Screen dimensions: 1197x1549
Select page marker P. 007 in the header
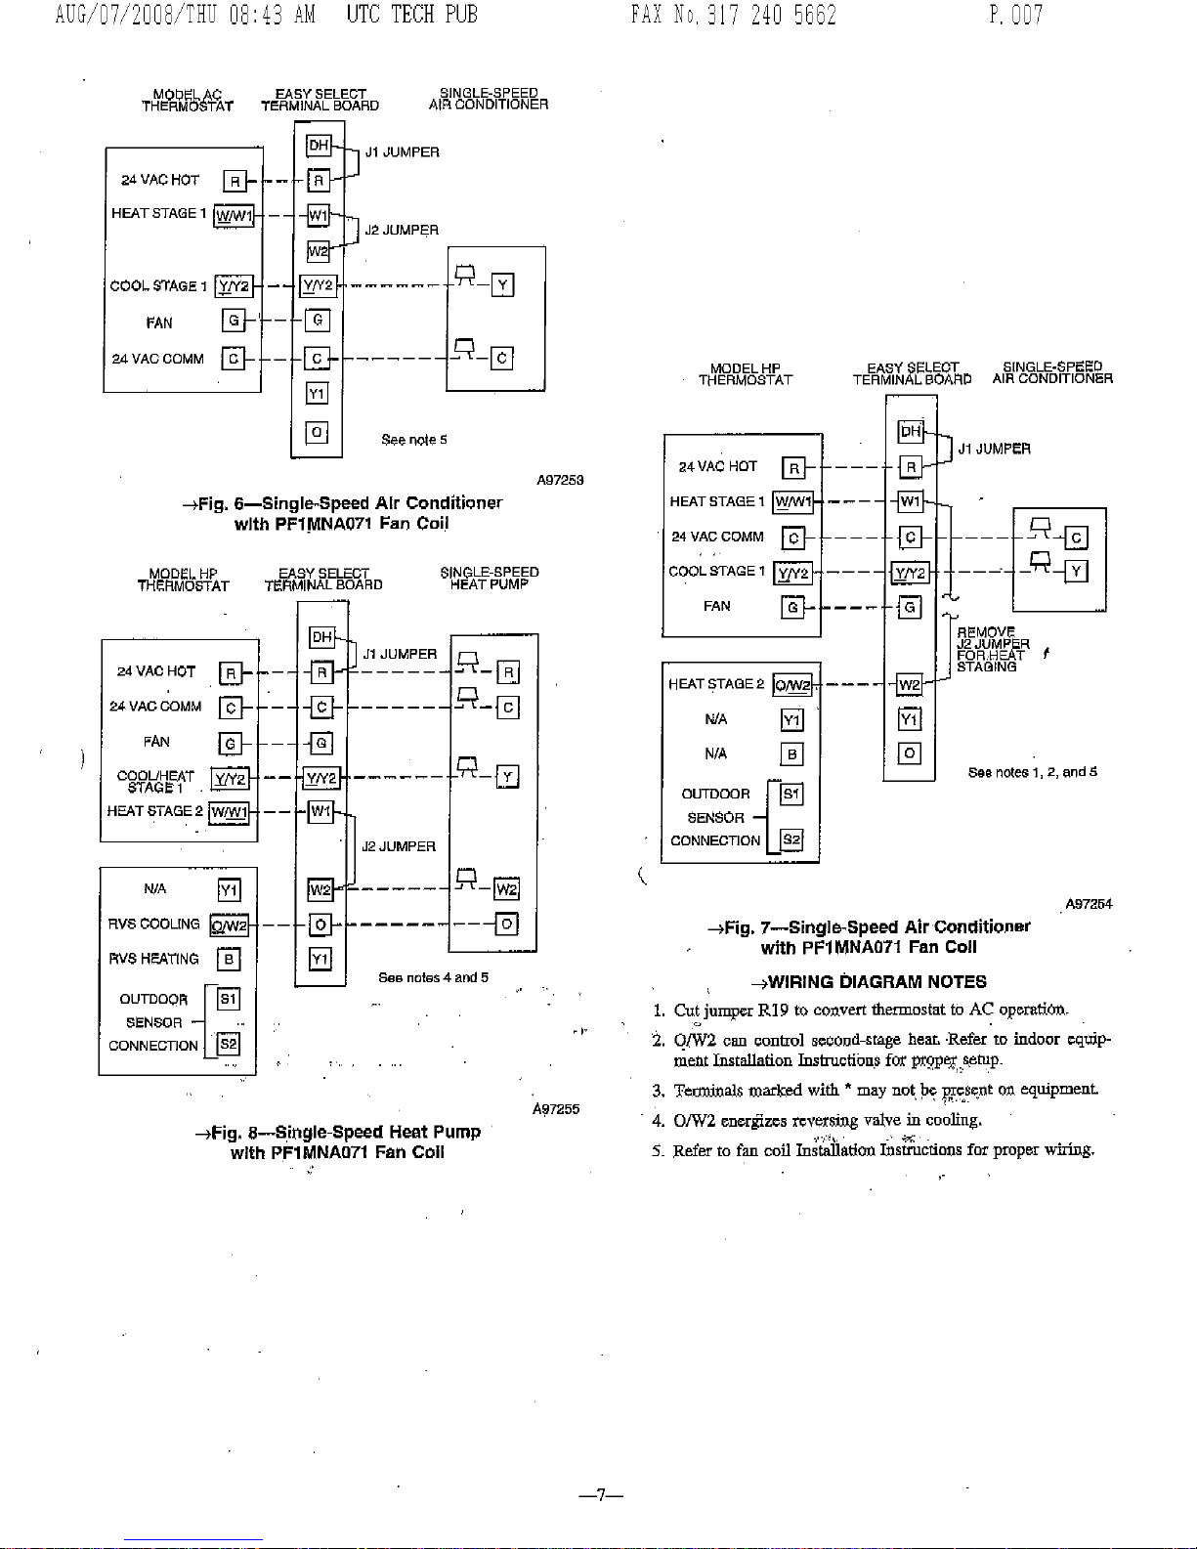click(x=1016, y=15)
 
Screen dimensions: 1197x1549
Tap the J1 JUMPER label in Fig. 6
click(x=402, y=152)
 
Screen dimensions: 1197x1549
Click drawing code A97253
click(x=560, y=481)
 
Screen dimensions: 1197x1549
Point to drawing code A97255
click(x=556, y=1109)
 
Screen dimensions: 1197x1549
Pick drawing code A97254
click(x=1089, y=904)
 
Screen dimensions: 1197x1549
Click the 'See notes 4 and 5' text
click(x=433, y=977)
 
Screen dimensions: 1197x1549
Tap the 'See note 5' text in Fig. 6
click(x=414, y=440)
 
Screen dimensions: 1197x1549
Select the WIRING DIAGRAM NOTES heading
click(x=870, y=981)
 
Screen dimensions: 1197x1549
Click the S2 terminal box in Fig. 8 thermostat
click(x=228, y=1045)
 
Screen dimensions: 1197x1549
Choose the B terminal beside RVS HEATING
click(x=229, y=959)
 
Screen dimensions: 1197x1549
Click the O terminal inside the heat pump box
click(x=506, y=924)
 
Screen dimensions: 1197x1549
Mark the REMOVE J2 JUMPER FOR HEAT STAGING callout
click(x=993, y=649)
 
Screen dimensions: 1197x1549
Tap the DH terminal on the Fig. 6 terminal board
click(x=319, y=146)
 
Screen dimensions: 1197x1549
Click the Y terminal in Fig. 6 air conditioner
click(x=502, y=285)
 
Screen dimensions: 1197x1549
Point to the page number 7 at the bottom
click(x=601, y=1495)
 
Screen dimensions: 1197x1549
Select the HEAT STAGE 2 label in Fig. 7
click(x=716, y=684)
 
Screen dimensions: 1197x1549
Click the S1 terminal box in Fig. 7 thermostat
click(x=791, y=794)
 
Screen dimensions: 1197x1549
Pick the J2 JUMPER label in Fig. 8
click(x=399, y=847)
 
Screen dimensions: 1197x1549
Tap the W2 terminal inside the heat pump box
click(x=506, y=889)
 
